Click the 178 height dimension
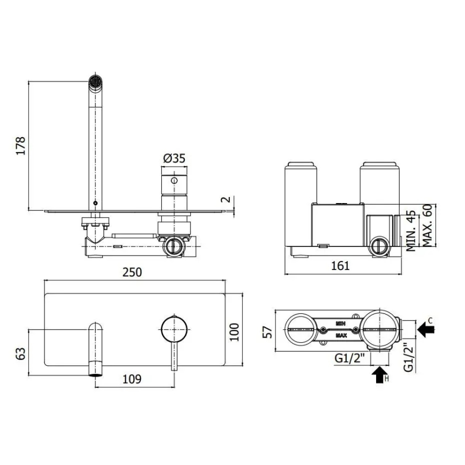(x=21, y=146)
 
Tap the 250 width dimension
(x=132, y=272)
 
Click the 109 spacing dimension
(x=132, y=379)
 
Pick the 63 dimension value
(x=21, y=354)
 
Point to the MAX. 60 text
(x=427, y=225)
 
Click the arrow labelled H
(x=379, y=374)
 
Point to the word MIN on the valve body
(x=340, y=324)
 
